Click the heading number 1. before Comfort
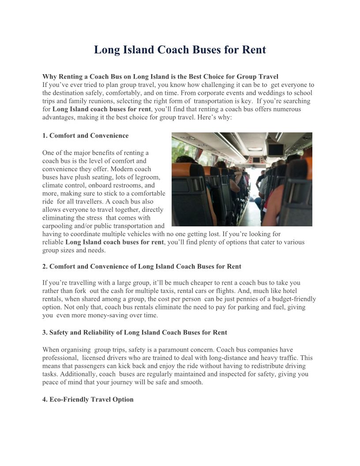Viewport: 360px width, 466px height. (45, 135)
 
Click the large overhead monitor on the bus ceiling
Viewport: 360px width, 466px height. (277, 150)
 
